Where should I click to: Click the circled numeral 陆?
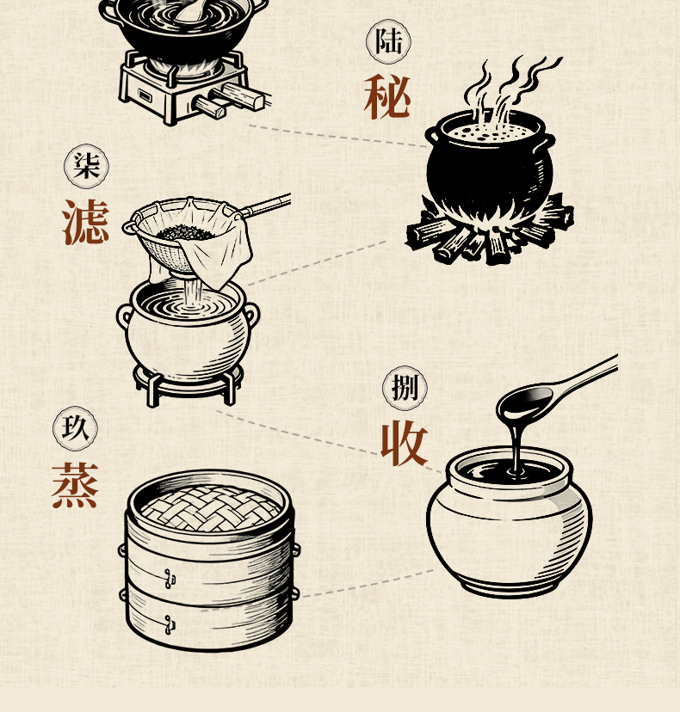pyautogui.click(x=389, y=41)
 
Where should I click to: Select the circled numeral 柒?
pyautogui.click(x=86, y=166)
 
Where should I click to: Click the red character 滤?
pyautogui.click(x=85, y=222)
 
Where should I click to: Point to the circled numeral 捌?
pyautogui.click(x=405, y=388)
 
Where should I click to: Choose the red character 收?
pyautogui.click(x=404, y=443)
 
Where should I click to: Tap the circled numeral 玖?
pyautogui.click(x=75, y=428)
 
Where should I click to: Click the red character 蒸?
pyautogui.click(x=75, y=485)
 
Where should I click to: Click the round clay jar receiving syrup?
pyautogui.click(x=509, y=522)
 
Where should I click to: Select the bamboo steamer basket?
pyautogui.click(x=209, y=561)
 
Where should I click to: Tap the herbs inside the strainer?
pyautogui.click(x=185, y=233)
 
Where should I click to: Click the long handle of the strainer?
pyautogui.click(x=266, y=206)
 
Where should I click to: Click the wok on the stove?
pyautogui.click(x=182, y=28)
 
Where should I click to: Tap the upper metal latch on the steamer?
pyautogui.click(x=170, y=579)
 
